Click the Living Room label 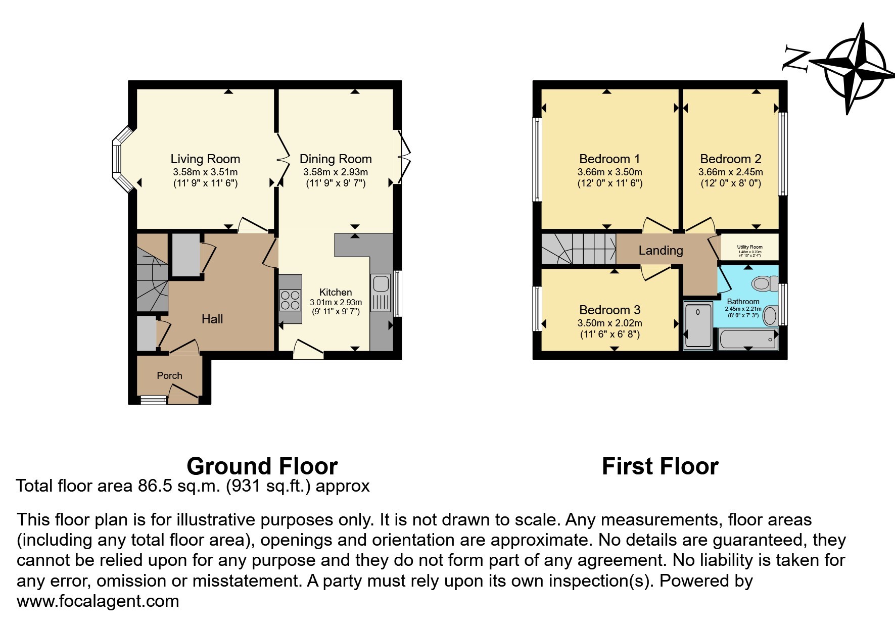click(x=205, y=159)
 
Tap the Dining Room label click(x=336, y=159)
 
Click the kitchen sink click(x=381, y=293)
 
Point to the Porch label click(x=169, y=375)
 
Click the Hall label click(x=212, y=319)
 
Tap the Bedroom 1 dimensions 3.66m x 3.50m click(x=609, y=172)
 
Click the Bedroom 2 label click(x=730, y=159)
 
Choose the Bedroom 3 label click(x=609, y=310)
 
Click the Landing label click(x=661, y=250)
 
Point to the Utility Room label click(x=749, y=247)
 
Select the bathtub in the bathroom click(x=747, y=340)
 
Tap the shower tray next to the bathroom click(x=698, y=325)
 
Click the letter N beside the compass click(x=795, y=59)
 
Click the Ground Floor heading click(x=262, y=466)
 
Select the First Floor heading click(x=660, y=466)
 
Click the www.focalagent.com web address click(x=98, y=601)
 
